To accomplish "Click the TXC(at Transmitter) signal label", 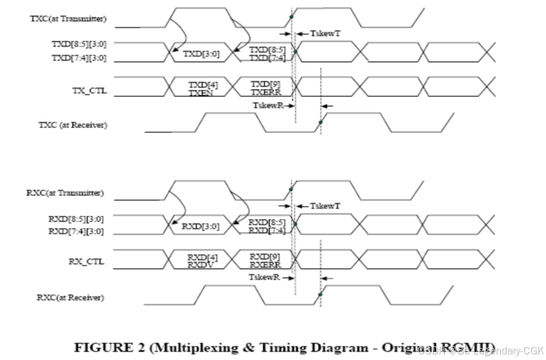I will [68, 18].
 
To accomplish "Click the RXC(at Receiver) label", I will [71, 297].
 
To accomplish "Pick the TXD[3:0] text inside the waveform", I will [201, 54].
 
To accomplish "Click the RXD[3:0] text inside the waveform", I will [200, 226].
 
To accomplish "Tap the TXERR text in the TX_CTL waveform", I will [265, 91].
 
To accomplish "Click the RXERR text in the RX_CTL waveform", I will [264, 264].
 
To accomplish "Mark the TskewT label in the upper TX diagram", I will [325, 33].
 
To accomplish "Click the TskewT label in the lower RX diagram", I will [325, 206].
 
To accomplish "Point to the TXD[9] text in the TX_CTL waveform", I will [264, 83].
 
